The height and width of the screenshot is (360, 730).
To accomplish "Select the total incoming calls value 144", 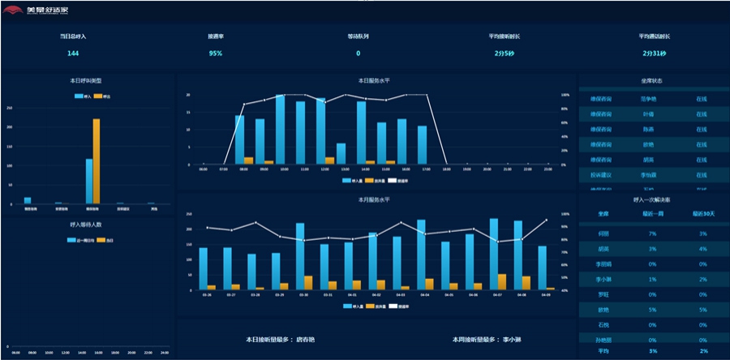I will (73, 54).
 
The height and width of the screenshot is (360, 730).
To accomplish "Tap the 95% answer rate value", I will (215, 54).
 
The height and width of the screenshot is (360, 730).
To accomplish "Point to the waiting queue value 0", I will (358, 54).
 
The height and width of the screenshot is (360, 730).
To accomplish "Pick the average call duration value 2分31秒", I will (654, 54).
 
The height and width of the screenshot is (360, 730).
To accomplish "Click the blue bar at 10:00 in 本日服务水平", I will (280, 130).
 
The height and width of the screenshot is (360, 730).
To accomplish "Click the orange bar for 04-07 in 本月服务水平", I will (502, 281).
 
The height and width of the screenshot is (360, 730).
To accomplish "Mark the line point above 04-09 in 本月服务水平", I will (546, 220).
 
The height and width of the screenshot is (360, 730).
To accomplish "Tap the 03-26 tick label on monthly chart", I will (207, 295).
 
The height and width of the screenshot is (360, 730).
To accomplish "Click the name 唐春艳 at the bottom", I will (307, 340).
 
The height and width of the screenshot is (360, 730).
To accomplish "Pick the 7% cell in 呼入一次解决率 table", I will (653, 233).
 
